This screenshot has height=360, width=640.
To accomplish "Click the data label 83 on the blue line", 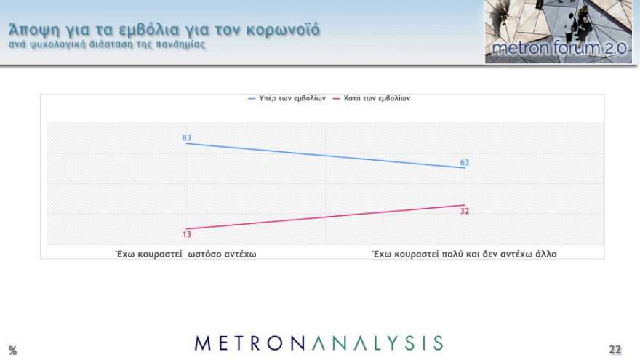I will click(x=187, y=137).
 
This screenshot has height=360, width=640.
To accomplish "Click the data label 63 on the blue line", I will click(x=464, y=162).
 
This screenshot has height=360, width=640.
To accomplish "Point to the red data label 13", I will click(x=187, y=234).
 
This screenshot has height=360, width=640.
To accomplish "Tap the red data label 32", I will click(x=464, y=211).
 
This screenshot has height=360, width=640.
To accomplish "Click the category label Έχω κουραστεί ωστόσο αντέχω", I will click(x=187, y=254).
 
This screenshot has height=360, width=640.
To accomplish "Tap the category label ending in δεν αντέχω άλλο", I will click(x=464, y=254).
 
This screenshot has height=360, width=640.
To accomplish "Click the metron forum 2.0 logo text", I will click(x=558, y=49).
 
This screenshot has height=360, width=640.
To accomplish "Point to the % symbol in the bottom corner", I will click(x=12, y=351).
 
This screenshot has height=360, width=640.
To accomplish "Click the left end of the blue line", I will click(x=187, y=144).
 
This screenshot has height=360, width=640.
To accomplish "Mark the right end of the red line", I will click(x=464, y=205).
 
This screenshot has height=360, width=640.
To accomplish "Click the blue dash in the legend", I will click(x=252, y=98).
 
